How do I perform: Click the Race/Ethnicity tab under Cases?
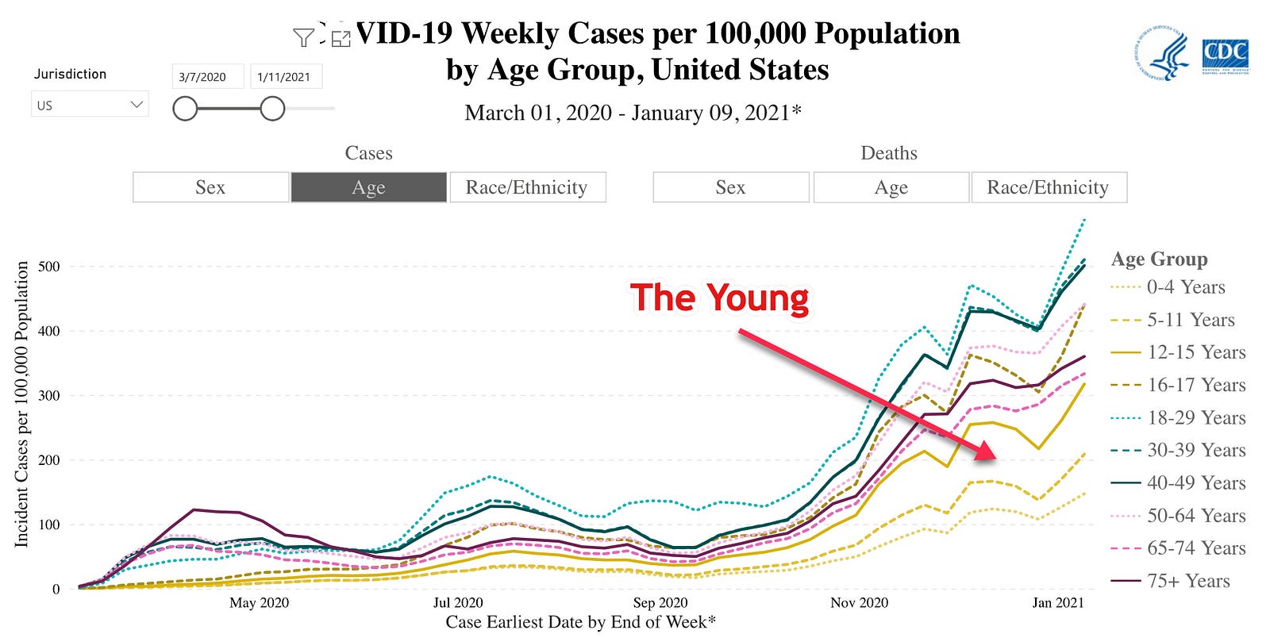coord(527,187)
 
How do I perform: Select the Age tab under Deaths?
coord(891,187)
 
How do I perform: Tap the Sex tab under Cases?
coord(210,187)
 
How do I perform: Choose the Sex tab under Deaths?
coord(730,187)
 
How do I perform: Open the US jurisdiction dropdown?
coord(90,105)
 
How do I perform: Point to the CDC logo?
coord(1225,56)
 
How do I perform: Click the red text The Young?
coord(719,298)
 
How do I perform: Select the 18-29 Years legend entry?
coord(1196,417)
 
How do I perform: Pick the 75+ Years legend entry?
coord(1187,581)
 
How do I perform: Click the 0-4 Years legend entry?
coord(1186,287)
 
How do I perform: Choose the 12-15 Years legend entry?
coord(1196,352)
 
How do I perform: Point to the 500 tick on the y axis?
coord(49,267)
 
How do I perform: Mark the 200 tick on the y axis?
coord(49,460)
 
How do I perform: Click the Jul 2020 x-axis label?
coord(458,603)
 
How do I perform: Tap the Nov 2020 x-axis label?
coord(860,603)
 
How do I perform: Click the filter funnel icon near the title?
coord(303,37)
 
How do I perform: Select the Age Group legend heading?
coord(1159,259)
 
